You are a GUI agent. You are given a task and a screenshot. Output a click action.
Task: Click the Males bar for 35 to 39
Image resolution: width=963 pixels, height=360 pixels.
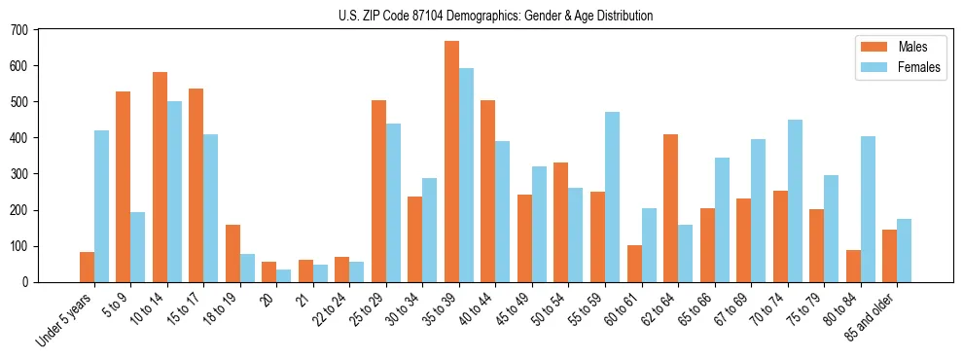click(x=451, y=162)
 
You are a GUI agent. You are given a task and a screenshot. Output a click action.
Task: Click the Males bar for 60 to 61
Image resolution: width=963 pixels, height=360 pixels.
click(x=634, y=264)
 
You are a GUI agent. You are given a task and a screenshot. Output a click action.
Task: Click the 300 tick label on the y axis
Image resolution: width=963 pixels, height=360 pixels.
click(x=20, y=174)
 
